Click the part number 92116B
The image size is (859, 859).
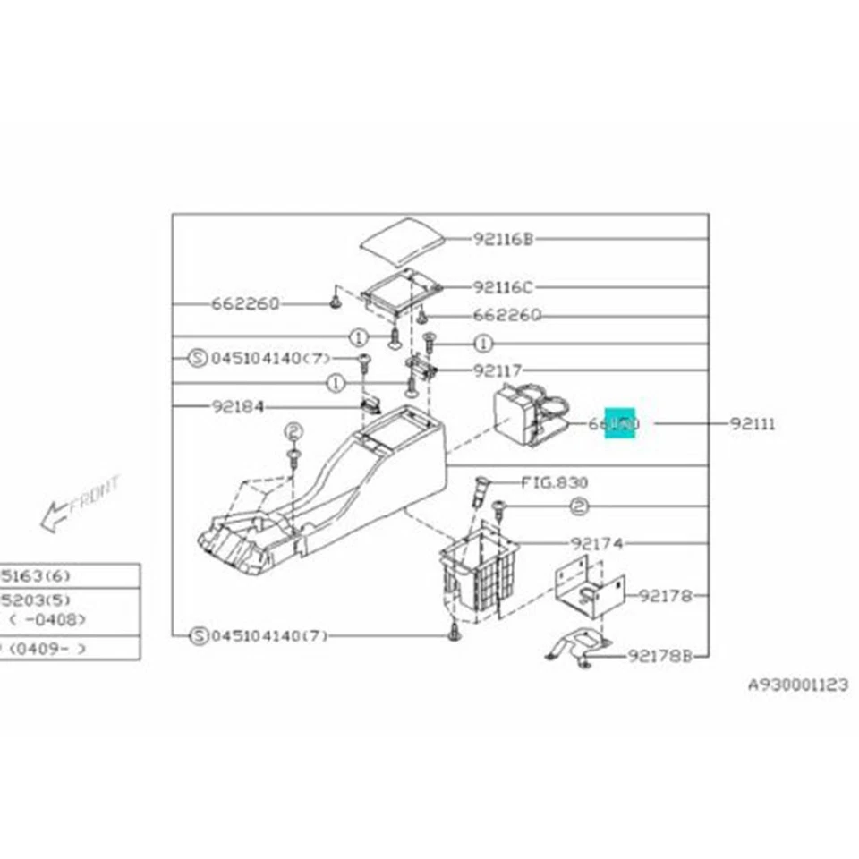coord(503,239)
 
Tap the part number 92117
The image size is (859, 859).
coord(498,370)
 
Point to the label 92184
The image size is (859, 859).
coord(238,406)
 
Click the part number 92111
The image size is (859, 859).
coord(753,424)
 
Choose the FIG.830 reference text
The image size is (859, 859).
coord(554,482)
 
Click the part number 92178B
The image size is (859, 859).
coord(660,656)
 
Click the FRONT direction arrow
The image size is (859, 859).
coord(81,501)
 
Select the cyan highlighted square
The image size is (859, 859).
coord(619,422)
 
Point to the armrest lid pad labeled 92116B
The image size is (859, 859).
coord(403,237)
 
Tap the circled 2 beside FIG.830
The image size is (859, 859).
coord(579,507)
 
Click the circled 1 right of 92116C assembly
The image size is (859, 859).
coord(483,343)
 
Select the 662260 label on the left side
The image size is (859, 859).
coord(245,303)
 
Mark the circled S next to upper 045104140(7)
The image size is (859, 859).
coord(199,359)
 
